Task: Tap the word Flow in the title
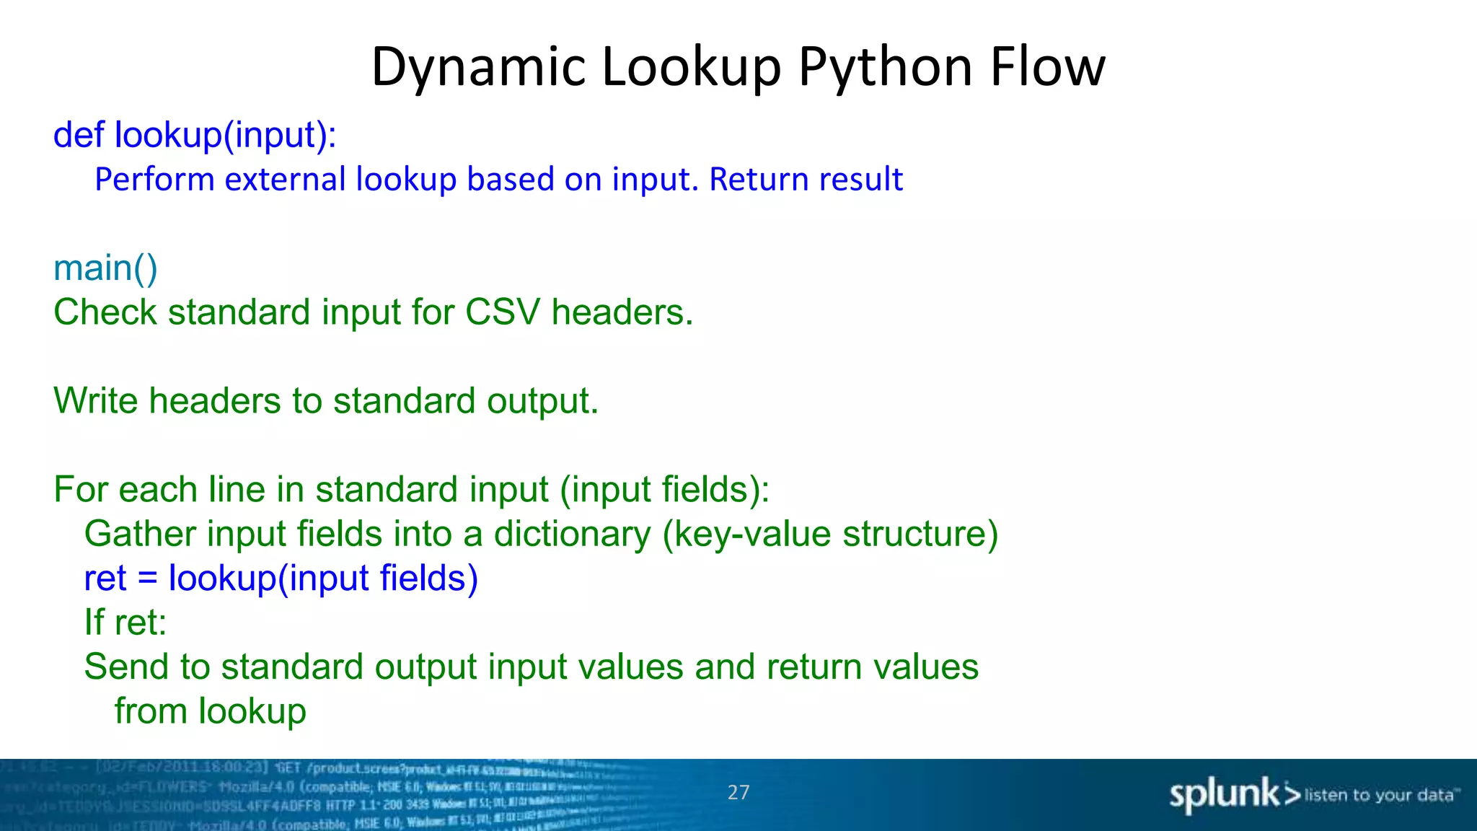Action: click(x=1047, y=67)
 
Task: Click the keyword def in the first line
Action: click(x=79, y=135)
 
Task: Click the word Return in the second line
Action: click(x=755, y=180)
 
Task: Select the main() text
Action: click(x=105, y=268)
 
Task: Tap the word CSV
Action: click(x=502, y=312)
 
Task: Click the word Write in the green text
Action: click(x=95, y=400)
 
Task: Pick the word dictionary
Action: click(x=572, y=535)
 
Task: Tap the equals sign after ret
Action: click(x=147, y=579)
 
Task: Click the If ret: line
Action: click(x=125, y=623)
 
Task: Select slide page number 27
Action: click(x=738, y=793)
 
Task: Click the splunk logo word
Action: click(x=1225, y=795)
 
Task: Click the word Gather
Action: click(x=140, y=535)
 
